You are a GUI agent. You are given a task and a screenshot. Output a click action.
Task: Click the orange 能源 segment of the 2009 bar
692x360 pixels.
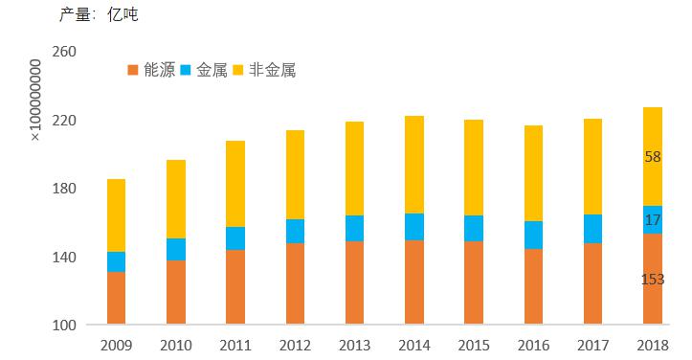(x=116, y=298)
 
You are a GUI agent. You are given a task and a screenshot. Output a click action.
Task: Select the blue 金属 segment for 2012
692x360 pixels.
(x=295, y=231)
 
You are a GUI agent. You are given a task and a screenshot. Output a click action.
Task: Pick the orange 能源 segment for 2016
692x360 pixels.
(x=532, y=286)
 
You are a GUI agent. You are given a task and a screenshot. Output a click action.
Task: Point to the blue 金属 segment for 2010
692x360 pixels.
(x=175, y=249)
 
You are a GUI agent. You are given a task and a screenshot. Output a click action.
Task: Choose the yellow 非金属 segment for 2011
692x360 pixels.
(x=235, y=184)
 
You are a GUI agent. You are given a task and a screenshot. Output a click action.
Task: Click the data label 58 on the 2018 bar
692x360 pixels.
(x=653, y=157)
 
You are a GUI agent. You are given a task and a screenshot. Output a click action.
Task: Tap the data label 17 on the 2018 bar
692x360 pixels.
(x=653, y=220)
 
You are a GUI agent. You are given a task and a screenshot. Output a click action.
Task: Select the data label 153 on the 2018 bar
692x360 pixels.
(x=653, y=280)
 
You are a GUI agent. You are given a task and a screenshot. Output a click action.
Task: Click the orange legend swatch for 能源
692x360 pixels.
(x=133, y=70)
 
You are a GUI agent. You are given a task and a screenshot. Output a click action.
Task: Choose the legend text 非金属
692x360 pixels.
(x=272, y=70)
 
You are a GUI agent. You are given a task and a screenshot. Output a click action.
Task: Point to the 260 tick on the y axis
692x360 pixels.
(x=62, y=53)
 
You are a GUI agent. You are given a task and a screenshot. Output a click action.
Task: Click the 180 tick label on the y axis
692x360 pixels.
(x=62, y=189)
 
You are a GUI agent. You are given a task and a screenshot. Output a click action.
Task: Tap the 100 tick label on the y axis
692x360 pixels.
(x=62, y=326)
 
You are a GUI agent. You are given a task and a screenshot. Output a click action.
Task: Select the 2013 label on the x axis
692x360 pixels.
(x=354, y=345)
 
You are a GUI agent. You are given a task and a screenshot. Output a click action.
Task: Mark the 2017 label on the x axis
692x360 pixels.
(x=592, y=345)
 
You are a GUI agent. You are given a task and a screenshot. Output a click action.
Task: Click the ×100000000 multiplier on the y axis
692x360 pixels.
(x=35, y=101)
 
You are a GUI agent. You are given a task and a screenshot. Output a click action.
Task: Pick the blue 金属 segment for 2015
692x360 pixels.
(x=473, y=228)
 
